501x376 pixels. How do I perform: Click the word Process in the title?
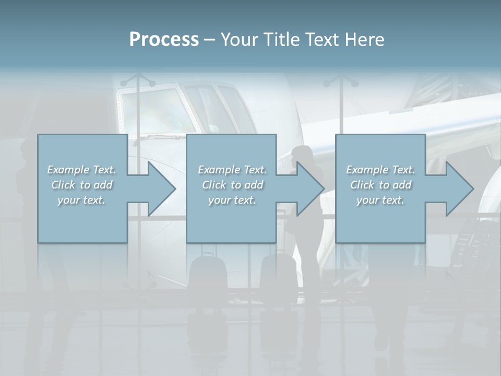[x=164, y=40]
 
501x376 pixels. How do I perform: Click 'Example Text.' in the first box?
[x=81, y=170]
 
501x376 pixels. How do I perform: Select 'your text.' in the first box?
[x=81, y=200]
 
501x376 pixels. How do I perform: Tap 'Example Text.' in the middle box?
[x=232, y=170]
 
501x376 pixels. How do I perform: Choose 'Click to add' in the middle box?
[x=232, y=185]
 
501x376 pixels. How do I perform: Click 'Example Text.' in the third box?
[x=380, y=170]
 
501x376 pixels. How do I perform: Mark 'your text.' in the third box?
[x=380, y=200]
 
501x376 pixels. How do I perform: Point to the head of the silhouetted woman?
[x=302, y=155]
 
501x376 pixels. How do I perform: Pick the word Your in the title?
[x=238, y=40]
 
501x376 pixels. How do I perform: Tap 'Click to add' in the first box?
[x=81, y=185]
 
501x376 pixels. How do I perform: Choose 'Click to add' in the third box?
[x=380, y=185]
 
